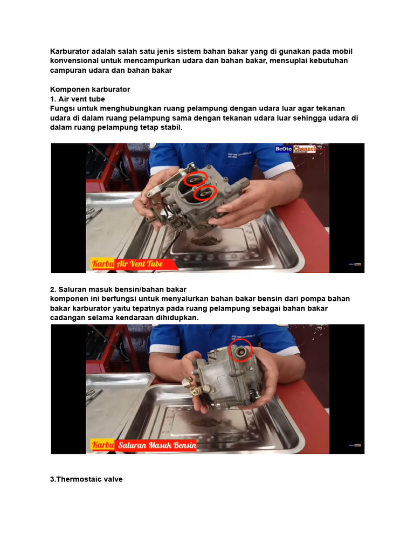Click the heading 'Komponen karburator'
coord(90,89)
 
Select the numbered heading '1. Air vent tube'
coord(77,99)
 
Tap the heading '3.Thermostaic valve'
coord(86,479)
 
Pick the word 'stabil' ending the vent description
coord(171,128)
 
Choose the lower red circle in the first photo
coord(205,192)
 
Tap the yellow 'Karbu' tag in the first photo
coord(102,264)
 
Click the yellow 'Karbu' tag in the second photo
coord(102,446)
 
